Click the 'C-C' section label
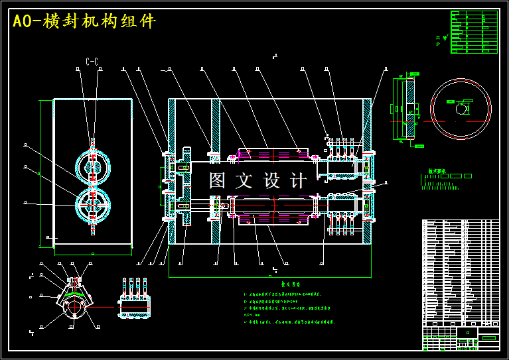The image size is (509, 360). pyautogui.click(x=92, y=62)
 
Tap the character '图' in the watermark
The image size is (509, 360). pyautogui.click(x=218, y=180)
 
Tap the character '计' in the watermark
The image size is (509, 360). pyautogui.click(x=299, y=180)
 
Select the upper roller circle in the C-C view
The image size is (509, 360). pyautogui.click(x=92, y=166)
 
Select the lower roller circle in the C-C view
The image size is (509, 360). pyautogui.click(x=92, y=205)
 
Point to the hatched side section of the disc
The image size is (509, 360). pyautogui.click(x=409, y=109)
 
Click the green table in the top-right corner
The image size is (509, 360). pyautogui.click(x=474, y=32)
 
